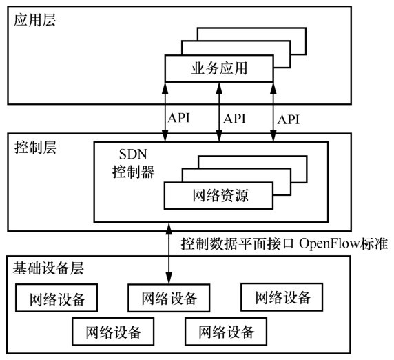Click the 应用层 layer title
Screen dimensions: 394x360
tap(34, 20)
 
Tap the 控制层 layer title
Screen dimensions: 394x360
tap(35, 148)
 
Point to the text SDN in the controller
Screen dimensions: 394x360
tap(133, 154)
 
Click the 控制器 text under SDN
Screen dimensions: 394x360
tap(133, 172)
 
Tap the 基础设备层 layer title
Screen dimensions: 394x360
tap(48, 268)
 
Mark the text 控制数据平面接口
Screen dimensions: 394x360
tap(238, 243)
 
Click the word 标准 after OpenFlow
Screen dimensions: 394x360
tap(374, 243)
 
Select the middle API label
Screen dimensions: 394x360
tap(234, 119)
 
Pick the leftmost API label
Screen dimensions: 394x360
tap(178, 118)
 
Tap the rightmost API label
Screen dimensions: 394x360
tap(289, 119)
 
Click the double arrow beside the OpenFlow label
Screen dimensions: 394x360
tap(169, 253)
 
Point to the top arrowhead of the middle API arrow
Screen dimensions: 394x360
tap(219, 88)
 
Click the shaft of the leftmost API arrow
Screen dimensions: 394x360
tap(165, 112)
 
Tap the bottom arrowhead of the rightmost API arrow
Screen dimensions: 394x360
tap(273, 136)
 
